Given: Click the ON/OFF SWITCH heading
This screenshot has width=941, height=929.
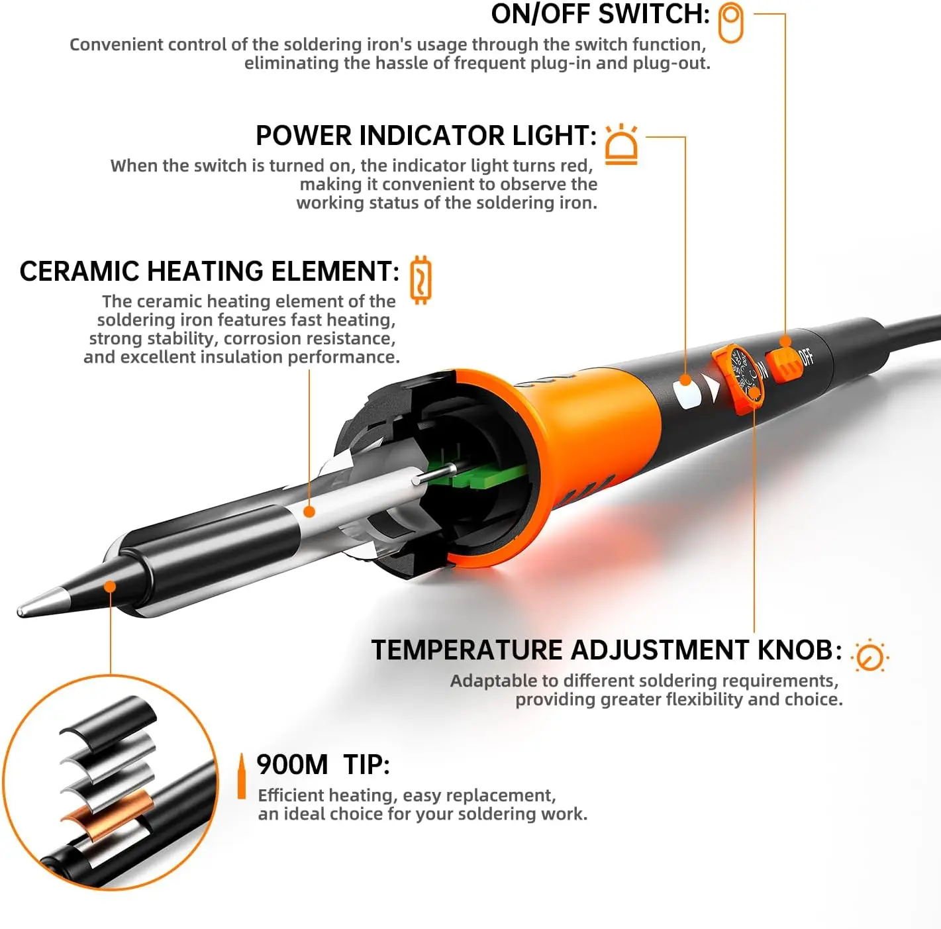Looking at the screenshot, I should coord(600,15).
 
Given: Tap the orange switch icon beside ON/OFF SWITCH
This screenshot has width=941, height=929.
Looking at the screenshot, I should coord(731,23).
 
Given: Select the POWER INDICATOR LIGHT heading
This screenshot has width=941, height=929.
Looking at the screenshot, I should coord(426,136).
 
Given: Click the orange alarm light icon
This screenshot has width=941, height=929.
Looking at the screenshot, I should coord(621,144).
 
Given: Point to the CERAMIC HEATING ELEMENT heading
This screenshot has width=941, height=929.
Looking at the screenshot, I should coord(209,271).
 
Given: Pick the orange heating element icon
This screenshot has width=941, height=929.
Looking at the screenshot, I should coord(421,279).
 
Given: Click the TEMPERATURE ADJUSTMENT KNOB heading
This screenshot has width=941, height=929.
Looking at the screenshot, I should coord(606,650).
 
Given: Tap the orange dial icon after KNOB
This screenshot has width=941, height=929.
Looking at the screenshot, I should coord(869,656).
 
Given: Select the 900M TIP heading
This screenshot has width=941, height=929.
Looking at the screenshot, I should coord(322,765).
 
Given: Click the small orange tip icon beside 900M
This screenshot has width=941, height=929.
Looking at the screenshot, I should coord(242,776).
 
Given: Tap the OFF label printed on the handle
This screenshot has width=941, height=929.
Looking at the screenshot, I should coord(807,357).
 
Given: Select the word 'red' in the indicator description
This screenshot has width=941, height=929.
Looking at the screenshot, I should coord(575,166).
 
